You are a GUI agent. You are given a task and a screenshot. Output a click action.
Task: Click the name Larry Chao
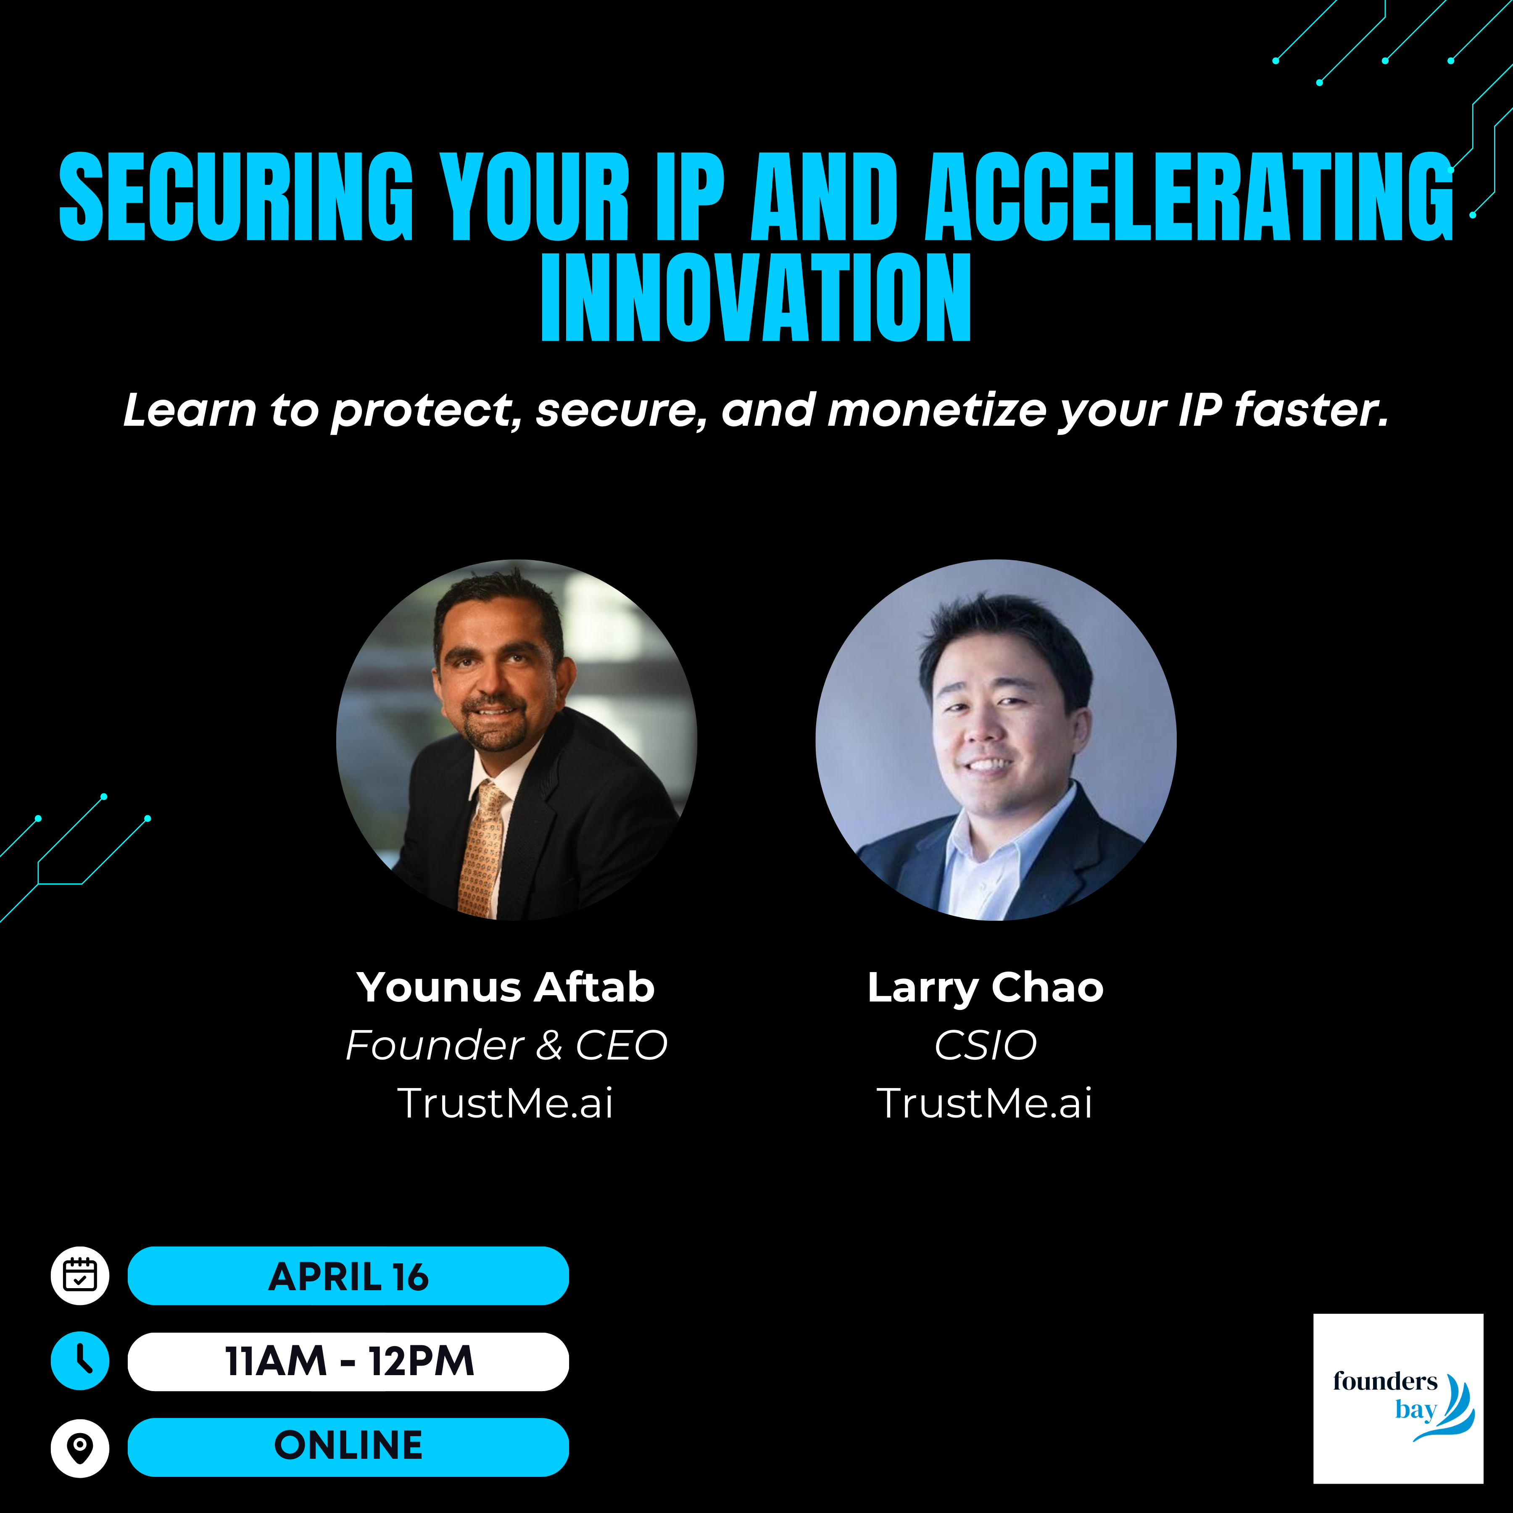(985, 988)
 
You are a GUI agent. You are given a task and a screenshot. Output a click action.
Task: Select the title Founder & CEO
(506, 1046)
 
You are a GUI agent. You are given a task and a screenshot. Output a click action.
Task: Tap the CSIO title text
(985, 1046)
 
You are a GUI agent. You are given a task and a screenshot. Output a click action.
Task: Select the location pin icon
(80, 1447)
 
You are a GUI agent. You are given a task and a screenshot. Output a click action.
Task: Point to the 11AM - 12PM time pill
(348, 1361)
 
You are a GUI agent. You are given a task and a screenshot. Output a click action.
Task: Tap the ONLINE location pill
(348, 1447)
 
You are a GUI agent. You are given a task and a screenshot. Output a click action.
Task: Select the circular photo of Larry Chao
(995, 739)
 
